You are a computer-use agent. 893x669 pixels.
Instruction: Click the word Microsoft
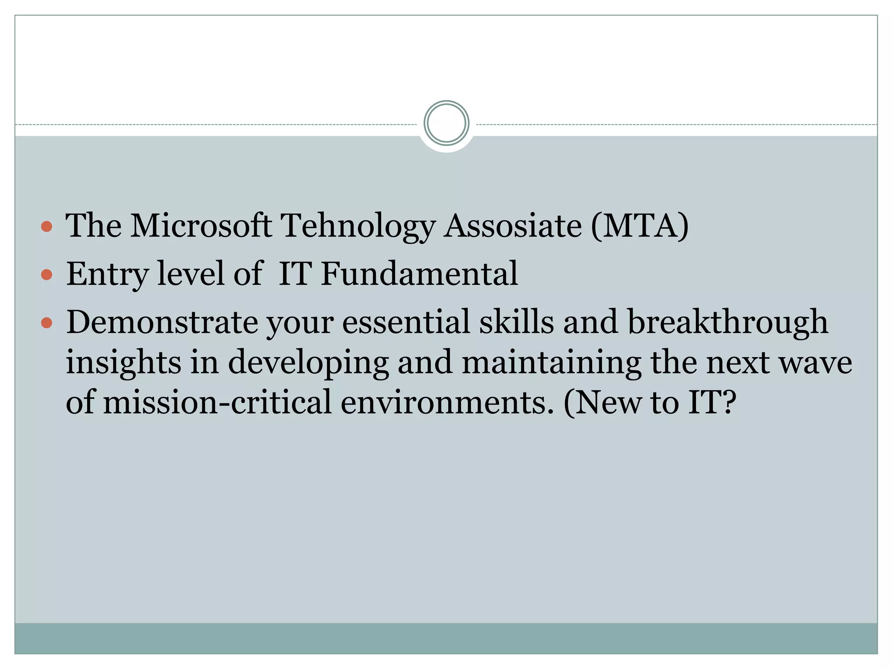click(x=201, y=226)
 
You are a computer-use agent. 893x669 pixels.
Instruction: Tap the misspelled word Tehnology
click(x=358, y=226)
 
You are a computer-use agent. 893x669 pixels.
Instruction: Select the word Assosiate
click(x=513, y=226)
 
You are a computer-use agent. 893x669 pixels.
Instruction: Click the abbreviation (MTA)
click(x=640, y=226)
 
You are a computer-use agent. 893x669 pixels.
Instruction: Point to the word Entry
click(x=107, y=274)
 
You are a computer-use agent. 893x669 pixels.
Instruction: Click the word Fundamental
click(x=419, y=274)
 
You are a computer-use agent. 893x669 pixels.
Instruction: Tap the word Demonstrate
click(x=162, y=322)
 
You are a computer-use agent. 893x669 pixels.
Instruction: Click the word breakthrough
click(x=727, y=322)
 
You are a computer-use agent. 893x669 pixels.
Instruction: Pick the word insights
click(x=123, y=362)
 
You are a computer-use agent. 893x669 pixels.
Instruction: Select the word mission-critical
click(x=217, y=402)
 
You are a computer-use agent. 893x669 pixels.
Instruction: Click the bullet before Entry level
click(x=47, y=275)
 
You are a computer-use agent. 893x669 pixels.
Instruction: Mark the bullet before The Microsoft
click(x=47, y=226)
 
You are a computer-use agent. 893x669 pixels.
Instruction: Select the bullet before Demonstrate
click(x=47, y=323)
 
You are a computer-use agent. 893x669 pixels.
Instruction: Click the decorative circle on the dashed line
click(x=446, y=123)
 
